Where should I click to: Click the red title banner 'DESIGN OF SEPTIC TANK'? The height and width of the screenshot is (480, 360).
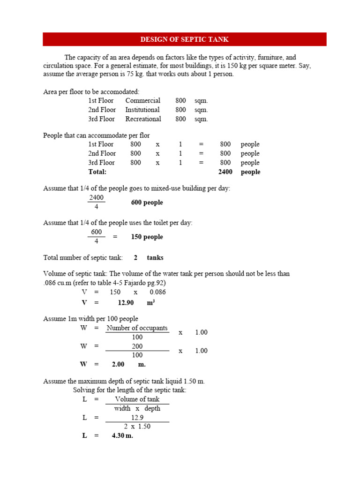point(184,39)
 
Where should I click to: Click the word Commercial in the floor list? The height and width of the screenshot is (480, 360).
point(142,101)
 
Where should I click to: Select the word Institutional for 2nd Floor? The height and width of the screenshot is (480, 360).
point(142,110)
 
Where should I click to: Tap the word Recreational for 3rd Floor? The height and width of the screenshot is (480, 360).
point(143,119)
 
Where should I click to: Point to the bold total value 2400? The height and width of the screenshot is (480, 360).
point(225,172)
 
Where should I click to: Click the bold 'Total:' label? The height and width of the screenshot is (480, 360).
point(97,172)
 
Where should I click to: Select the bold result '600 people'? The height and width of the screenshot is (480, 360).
point(147,202)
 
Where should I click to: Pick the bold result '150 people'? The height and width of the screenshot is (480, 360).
point(147,237)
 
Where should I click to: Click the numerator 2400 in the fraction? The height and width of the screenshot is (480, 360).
point(96,198)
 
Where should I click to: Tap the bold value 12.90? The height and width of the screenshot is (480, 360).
point(126,303)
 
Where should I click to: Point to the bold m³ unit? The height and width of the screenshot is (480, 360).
point(150,303)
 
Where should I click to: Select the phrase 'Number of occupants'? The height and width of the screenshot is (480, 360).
point(137,328)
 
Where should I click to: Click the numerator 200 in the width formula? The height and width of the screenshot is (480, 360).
point(137,346)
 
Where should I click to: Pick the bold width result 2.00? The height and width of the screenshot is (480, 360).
point(118,364)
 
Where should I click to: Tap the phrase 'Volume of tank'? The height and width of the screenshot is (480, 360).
point(137,399)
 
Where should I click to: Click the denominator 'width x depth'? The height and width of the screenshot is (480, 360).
point(137,408)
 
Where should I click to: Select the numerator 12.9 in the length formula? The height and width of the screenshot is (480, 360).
point(137,417)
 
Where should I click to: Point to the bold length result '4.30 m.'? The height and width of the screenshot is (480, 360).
point(122,435)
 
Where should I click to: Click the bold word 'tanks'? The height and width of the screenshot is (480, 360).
point(155,258)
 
